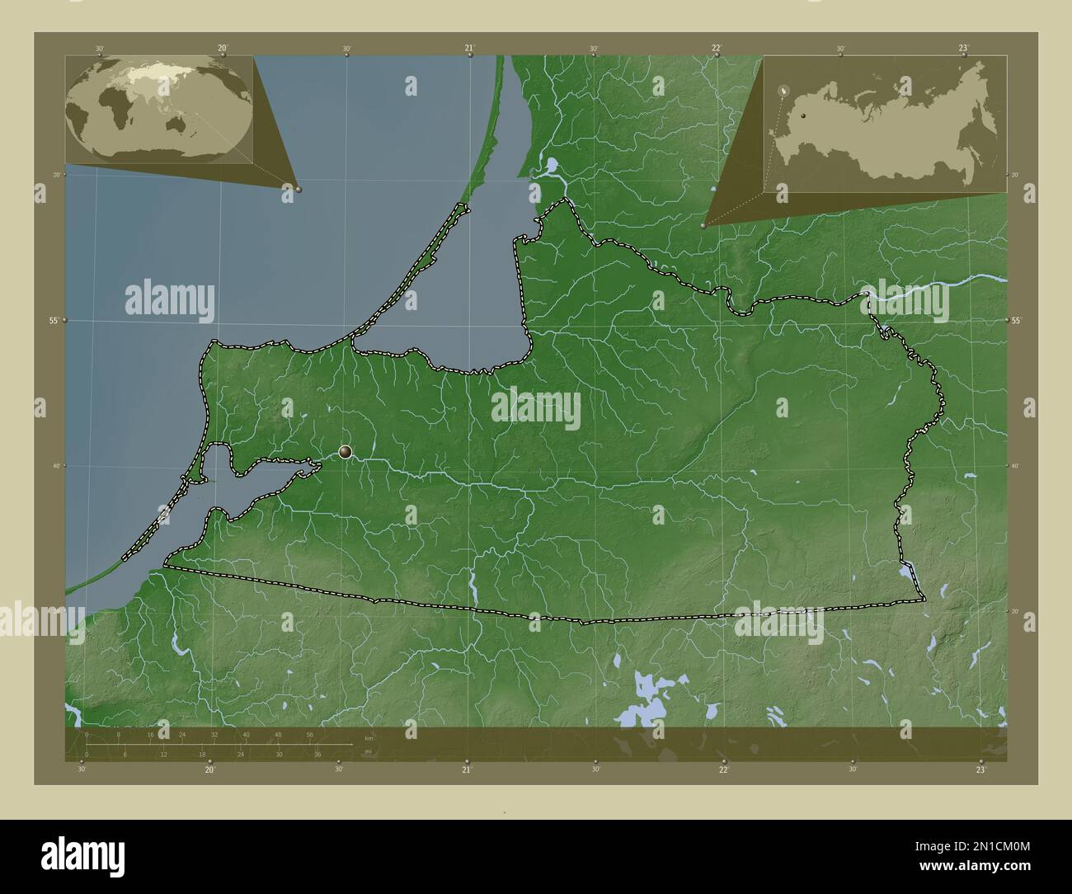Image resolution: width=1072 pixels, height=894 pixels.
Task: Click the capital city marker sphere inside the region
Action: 346,451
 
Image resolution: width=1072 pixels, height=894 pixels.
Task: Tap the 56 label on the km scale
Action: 309,734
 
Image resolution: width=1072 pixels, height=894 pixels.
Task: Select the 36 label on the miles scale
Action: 317,754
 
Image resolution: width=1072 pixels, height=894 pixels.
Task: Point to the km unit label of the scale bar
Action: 369,737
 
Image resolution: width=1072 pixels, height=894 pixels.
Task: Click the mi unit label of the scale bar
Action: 368,751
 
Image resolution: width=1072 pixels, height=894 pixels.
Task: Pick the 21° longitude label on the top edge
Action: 469,48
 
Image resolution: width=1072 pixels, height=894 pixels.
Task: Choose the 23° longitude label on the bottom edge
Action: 980,769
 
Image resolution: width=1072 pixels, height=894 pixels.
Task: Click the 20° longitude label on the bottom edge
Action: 210,769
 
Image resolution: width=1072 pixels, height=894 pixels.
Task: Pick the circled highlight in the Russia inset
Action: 785,89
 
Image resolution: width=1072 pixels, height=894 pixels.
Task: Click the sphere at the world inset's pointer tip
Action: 299,189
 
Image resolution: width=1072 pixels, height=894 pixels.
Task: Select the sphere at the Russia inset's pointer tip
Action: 703,225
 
